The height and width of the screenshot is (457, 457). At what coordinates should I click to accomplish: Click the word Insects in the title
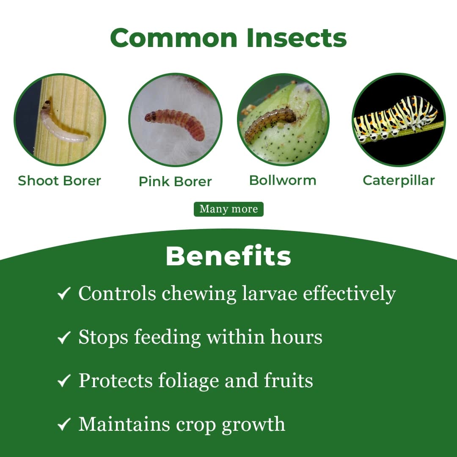click(296, 38)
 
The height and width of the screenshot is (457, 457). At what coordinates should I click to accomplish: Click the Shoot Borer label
click(59, 181)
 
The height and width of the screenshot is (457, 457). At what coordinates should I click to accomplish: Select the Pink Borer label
click(175, 182)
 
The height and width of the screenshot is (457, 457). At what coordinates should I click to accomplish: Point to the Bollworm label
click(283, 180)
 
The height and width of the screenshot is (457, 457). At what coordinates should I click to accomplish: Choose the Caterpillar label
click(399, 180)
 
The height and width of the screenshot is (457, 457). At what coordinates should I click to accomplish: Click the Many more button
click(228, 209)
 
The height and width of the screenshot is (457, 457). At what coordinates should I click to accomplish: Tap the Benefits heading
click(228, 256)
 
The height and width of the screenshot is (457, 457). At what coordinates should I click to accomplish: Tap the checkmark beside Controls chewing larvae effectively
click(63, 294)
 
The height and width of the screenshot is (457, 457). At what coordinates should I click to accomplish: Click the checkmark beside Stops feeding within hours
click(63, 338)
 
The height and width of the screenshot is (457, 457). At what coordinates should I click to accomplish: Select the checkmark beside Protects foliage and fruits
click(63, 381)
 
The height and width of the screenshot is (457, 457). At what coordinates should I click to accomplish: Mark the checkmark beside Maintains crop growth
click(63, 425)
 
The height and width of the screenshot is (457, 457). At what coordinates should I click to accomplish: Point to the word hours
click(296, 337)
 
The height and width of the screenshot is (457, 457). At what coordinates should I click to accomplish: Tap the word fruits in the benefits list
click(289, 381)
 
